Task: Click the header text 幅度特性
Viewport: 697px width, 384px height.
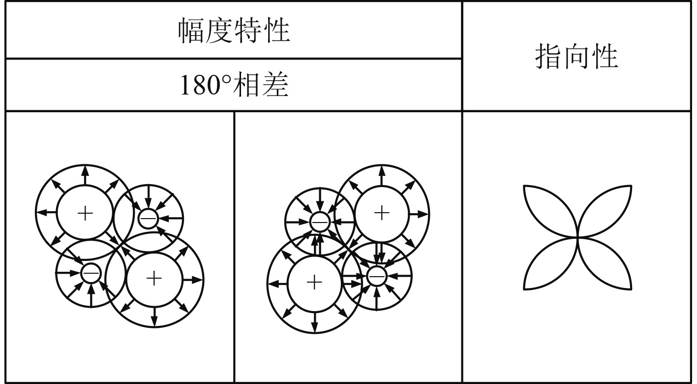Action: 234,31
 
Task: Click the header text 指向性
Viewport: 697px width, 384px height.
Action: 576,57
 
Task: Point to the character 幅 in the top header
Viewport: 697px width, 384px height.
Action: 191,31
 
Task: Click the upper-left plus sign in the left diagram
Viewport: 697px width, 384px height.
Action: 85,213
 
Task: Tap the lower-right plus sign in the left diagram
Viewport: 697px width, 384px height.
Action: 154,279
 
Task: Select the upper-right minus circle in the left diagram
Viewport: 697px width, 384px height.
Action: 148,218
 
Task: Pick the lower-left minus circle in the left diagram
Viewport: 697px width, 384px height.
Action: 90,273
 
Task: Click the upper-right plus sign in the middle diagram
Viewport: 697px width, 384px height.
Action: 382,213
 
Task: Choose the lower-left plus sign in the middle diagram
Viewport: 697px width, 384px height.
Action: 314,283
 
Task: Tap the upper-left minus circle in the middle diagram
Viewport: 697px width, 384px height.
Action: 319,223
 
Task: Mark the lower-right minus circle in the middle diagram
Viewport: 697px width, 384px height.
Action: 376,276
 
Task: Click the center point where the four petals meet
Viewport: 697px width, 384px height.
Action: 577,237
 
